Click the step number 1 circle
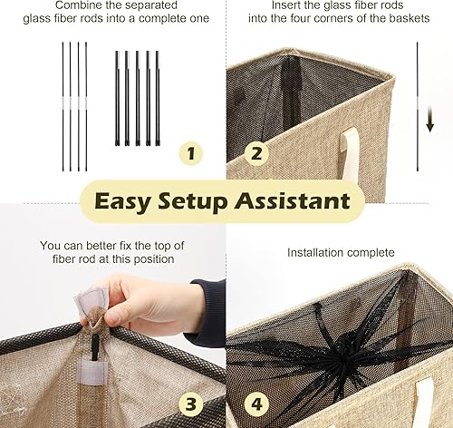click(x=190, y=153)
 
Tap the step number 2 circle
click(x=256, y=153)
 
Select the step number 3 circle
click(x=190, y=401)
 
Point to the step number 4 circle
click(x=256, y=401)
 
